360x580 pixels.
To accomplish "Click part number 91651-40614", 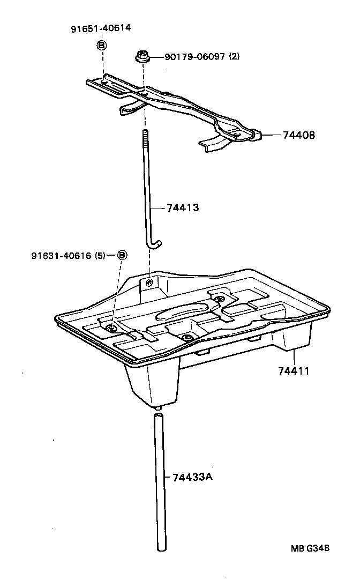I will click(101, 28).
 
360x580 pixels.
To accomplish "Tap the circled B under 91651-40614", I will click(101, 45).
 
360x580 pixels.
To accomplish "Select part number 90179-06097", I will click(190, 57).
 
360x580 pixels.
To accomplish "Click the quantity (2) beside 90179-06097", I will click(234, 57).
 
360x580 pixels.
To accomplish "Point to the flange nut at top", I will click(142, 56).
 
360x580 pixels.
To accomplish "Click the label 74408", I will click(299, 136).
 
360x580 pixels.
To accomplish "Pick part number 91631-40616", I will click(62, 256).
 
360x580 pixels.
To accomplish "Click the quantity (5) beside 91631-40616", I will click(100, 256).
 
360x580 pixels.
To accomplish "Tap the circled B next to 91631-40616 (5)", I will click(122, 255).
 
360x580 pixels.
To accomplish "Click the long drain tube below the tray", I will click(159, 482).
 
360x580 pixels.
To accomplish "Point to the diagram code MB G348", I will click(310, 548).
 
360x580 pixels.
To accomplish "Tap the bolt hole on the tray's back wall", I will click(149, 282).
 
